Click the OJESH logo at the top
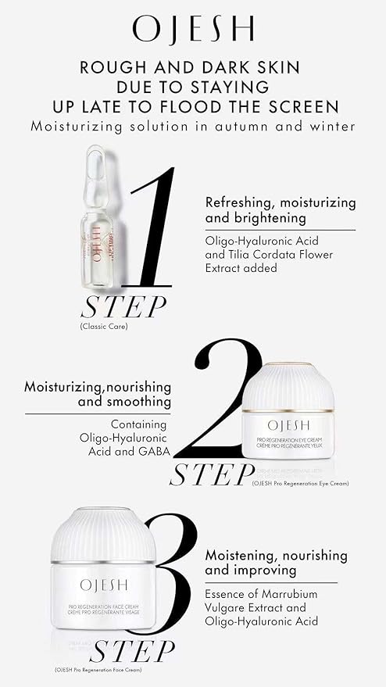tap(193, 29)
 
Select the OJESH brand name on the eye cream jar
tap(288, 425)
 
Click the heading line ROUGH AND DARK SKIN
tap(193, 68)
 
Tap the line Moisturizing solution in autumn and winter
tap(193, 126)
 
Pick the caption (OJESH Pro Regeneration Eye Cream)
tap(301, 484)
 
